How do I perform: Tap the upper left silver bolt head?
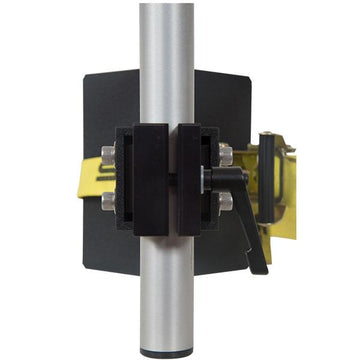click(108, 155)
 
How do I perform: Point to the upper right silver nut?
click(226, 154)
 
